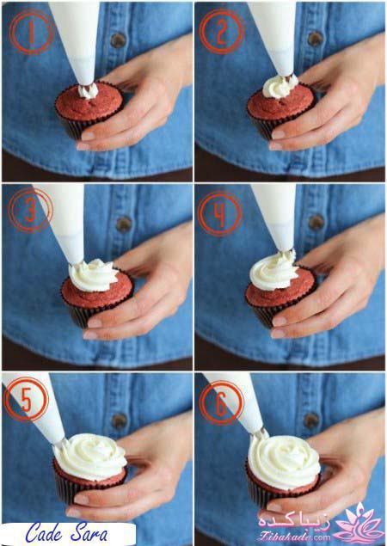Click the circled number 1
(x=31, y=32)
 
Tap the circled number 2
(x=222, y=32)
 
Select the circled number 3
(x=31, y=210)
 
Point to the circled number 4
(x=220, y=214)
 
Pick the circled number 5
(x=27, y=399)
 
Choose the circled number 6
(x=222, y=402)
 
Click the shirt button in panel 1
(x=118, y=40)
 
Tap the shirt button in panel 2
(x=316, y=39)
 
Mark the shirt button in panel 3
(x=123, y=224)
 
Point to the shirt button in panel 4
(x=316, y=222)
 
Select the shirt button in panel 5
(x=119, y=421)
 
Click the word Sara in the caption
(x=89, y=533)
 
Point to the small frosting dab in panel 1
(x=88, y=91)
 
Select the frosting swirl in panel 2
(x=279, y=87)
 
